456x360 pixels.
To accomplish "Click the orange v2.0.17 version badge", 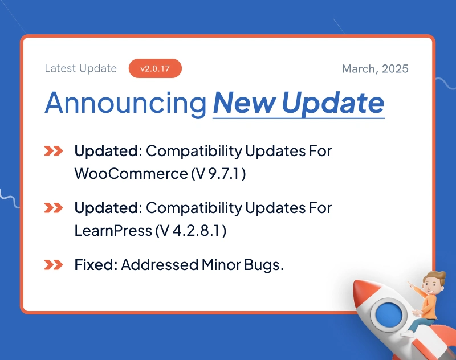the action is coord(155,68).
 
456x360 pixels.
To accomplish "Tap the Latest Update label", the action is coord(80,68).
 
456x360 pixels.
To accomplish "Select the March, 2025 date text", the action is coord(375,68).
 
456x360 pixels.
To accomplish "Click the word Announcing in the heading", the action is coord(125,103).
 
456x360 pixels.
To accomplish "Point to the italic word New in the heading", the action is coord(245,103).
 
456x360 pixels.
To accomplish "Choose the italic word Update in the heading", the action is coord(333,103).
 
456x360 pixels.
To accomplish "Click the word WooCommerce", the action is coord(131,174).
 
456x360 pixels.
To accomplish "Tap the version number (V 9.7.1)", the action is coord(219,174).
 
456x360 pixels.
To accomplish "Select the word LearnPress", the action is coord(113,231).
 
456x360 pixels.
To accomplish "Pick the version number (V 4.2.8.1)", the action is coord(191,231).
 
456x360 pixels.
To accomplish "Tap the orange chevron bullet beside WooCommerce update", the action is coord(54,151).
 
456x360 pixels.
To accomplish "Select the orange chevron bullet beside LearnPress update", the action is coord(54,208).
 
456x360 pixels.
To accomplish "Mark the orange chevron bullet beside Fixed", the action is coord(54,265).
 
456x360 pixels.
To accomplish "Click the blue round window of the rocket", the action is coord(389,314).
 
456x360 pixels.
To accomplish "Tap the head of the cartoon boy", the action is coord(433,283).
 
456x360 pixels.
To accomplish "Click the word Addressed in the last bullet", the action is coord(160,265).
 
